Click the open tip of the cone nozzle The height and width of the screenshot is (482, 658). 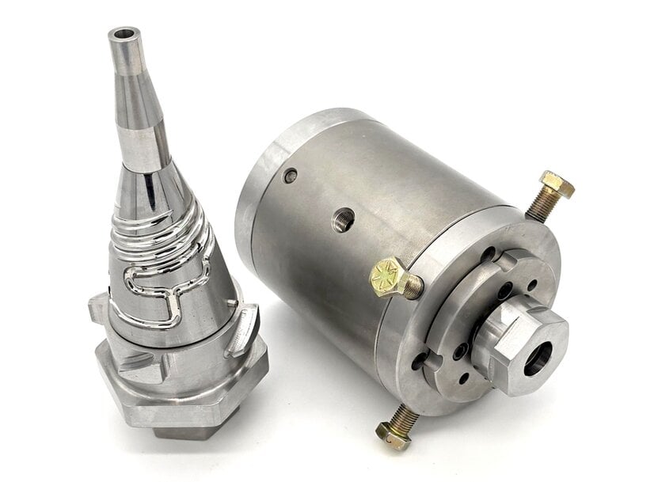pos(125,34)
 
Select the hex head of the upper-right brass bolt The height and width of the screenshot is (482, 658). pos(557,185)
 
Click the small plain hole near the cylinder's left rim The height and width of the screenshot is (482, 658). pos(291,175)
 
